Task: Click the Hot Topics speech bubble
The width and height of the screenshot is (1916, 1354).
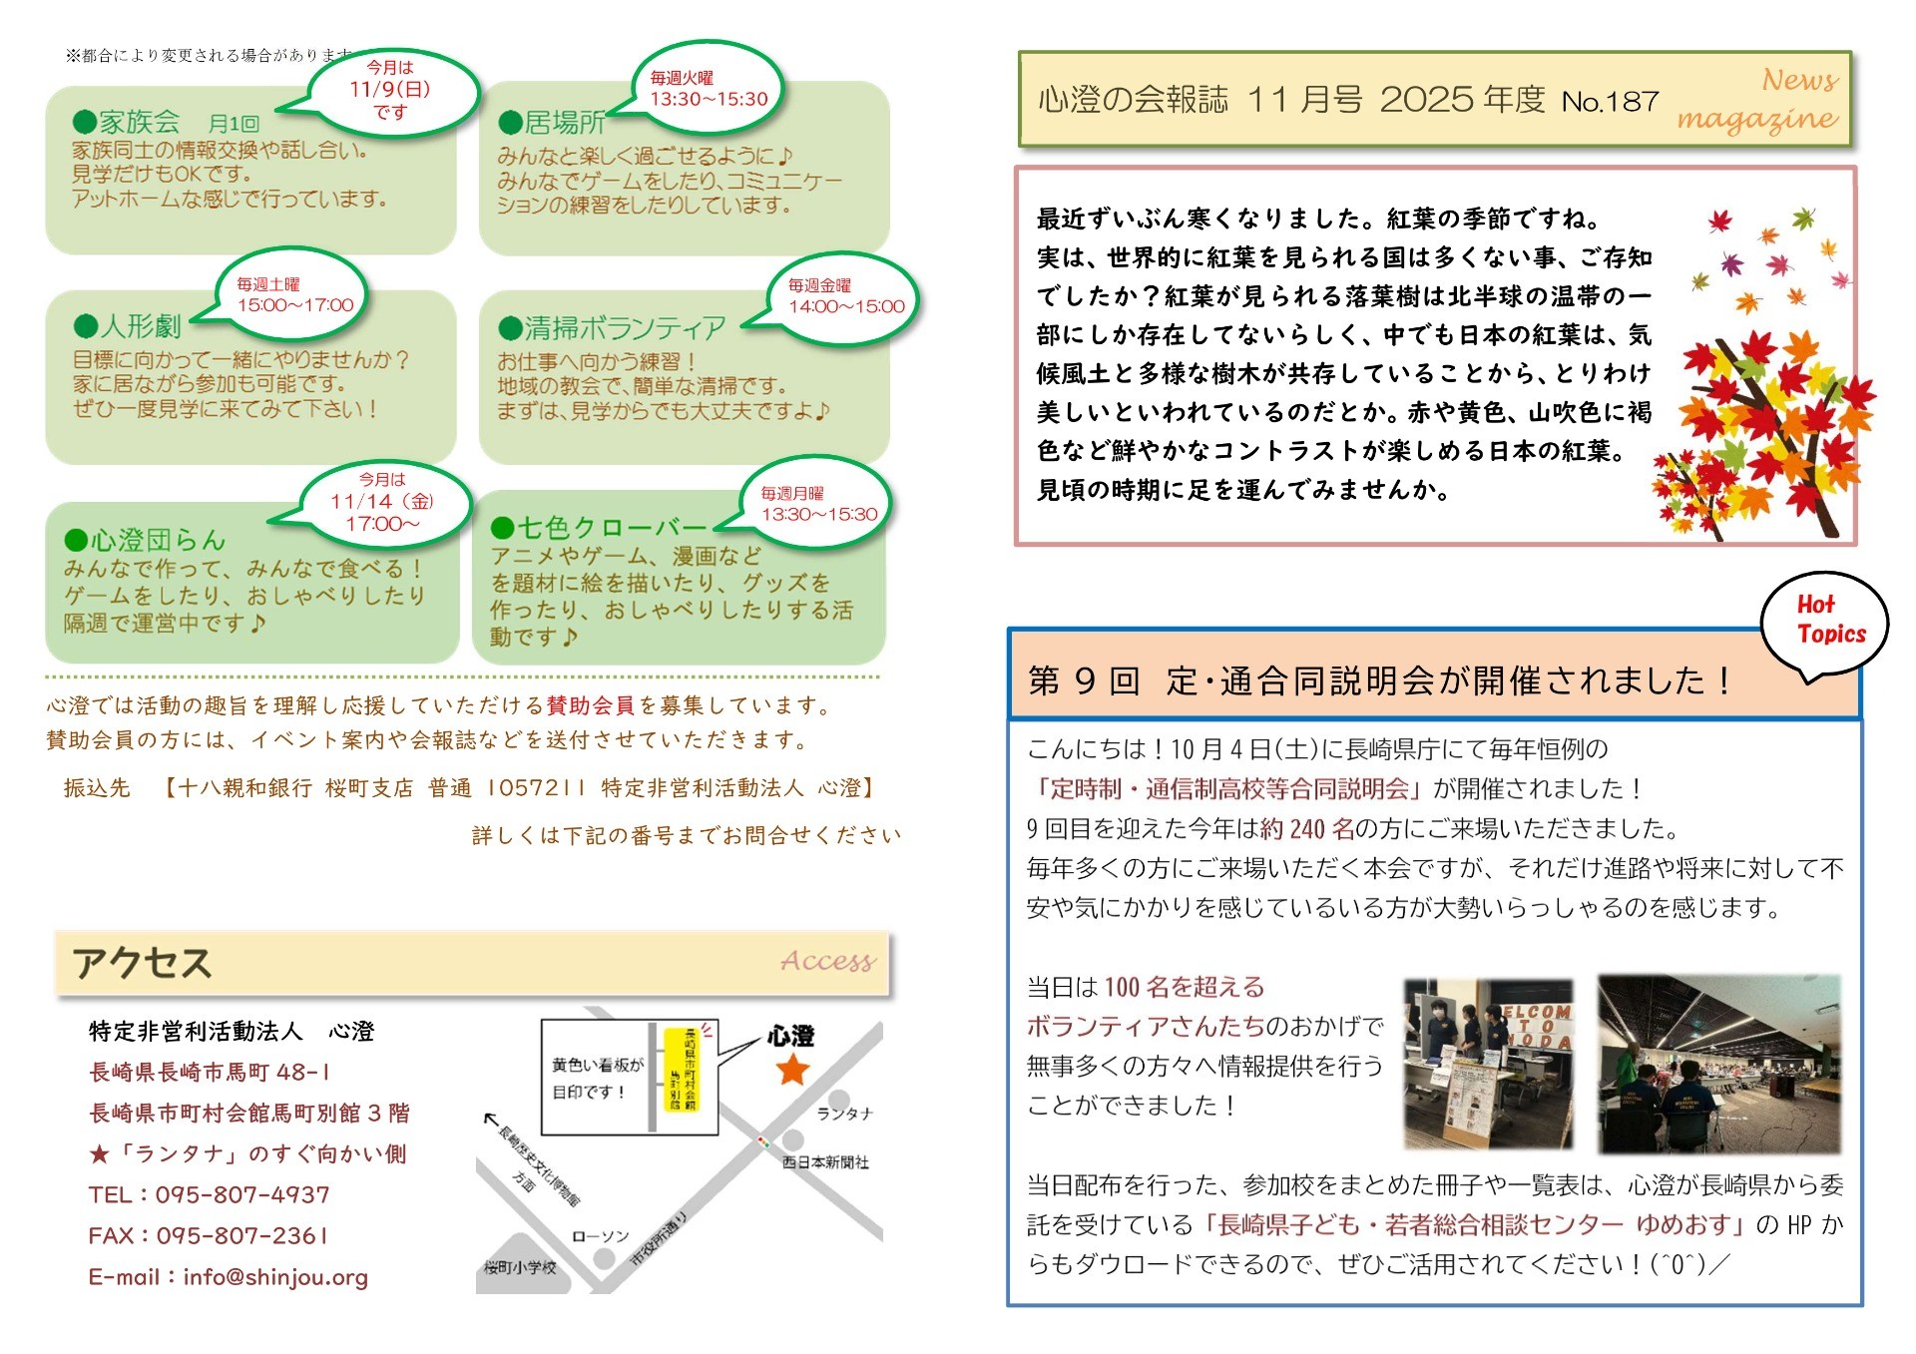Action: pos(1825,621)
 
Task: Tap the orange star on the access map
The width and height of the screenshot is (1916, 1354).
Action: pos(792,1070)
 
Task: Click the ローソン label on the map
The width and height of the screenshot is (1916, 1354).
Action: pos(600,1236)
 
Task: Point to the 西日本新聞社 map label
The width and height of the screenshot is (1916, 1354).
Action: pos(824,1161)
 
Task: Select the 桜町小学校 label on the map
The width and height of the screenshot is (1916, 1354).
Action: pos(520,1267)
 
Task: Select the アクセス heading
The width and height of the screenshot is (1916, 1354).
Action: pos(142,963)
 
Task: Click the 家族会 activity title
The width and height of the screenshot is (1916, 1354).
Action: pos(139,123)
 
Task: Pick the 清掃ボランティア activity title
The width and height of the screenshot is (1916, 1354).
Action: pos(625,327)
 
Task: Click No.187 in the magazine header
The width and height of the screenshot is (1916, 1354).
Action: pos(1610,101)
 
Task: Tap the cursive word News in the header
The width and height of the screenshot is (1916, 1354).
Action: pos(1799,79)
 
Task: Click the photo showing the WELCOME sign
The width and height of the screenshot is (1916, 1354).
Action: pos(1488,1064)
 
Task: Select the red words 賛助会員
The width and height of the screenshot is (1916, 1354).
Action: pos(590,705)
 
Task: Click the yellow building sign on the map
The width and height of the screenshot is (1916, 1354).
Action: pos(683,1070)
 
